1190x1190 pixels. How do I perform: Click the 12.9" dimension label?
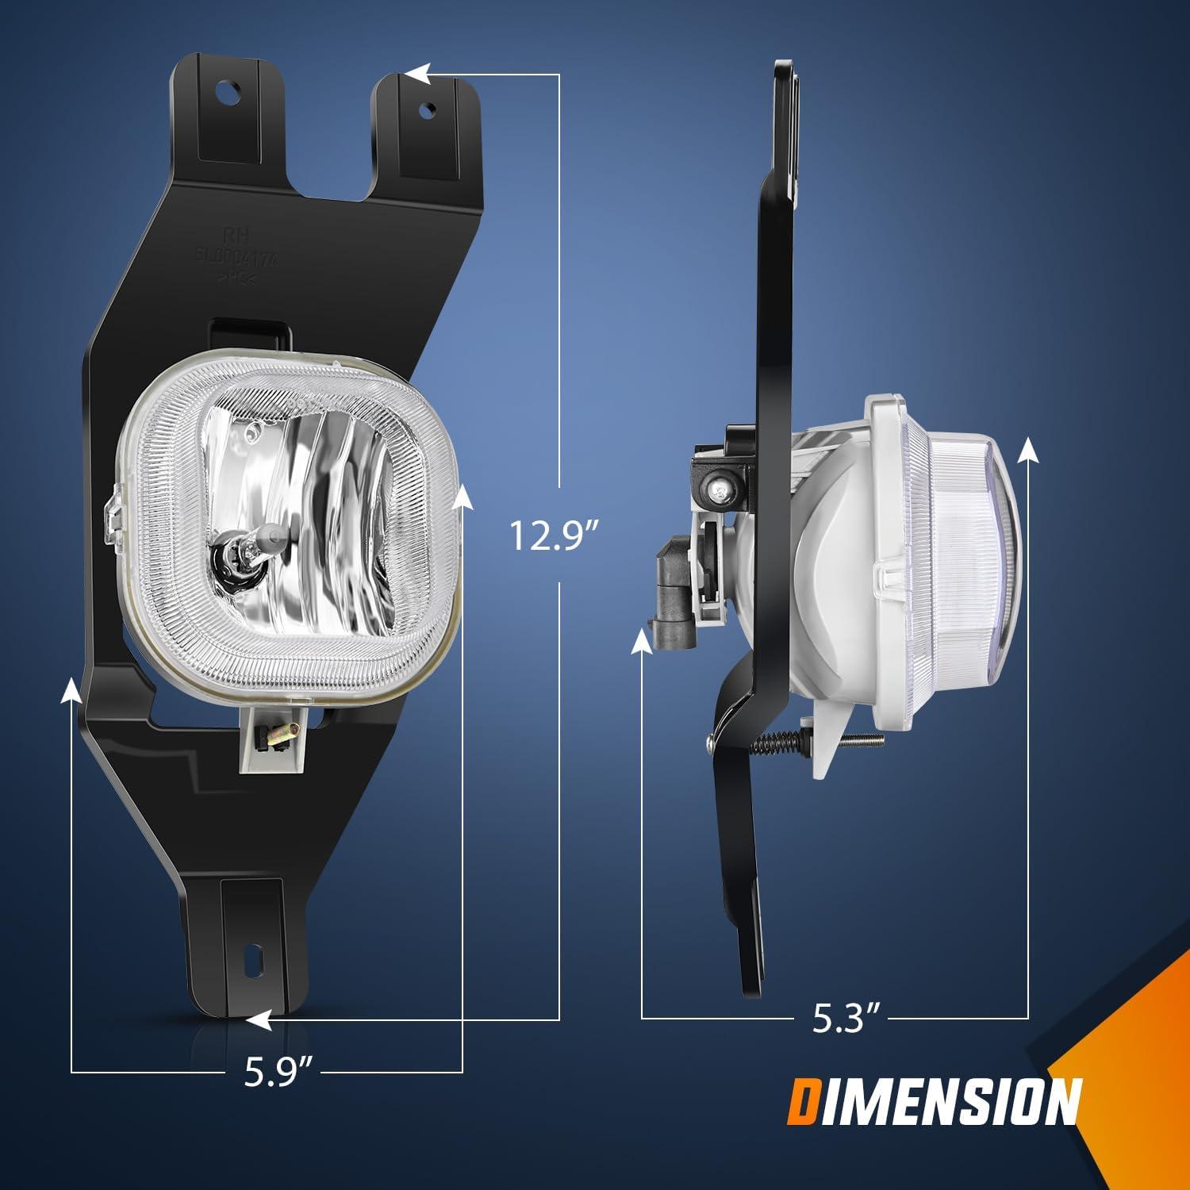[x=553, y=536]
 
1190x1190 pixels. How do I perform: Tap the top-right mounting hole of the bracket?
[x=428, y=109]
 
